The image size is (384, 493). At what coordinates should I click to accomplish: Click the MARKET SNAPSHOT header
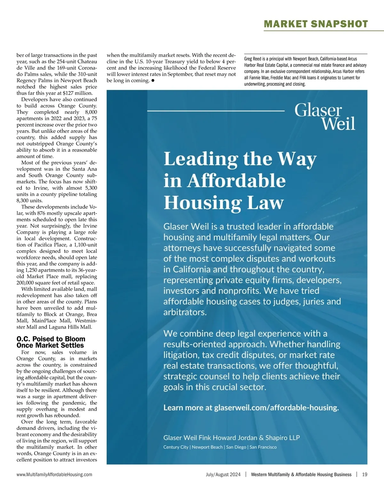(316, 24)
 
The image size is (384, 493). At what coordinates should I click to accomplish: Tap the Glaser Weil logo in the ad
(324, 116)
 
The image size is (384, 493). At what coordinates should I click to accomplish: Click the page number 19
(364, 474)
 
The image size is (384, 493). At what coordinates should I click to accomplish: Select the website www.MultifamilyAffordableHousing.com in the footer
(54, 474)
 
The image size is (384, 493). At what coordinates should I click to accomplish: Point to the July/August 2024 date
(223, 474)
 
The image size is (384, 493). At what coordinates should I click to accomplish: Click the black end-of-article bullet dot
(153, 81)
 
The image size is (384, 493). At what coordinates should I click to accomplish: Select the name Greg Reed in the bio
(252, 59)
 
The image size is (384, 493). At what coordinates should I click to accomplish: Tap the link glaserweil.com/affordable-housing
(276, 408)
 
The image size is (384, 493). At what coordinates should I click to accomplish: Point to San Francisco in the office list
(263, 447)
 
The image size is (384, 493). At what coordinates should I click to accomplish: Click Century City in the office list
(176, 447)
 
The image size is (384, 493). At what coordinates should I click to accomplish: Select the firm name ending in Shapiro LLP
(232, 438)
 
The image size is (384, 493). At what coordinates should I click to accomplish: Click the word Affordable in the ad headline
(236, 181)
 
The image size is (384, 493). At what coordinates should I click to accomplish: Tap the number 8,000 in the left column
(91, 112)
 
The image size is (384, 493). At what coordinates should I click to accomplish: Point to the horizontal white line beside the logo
(216, 111)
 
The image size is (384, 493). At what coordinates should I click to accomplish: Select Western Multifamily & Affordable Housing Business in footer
(301, 474)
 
